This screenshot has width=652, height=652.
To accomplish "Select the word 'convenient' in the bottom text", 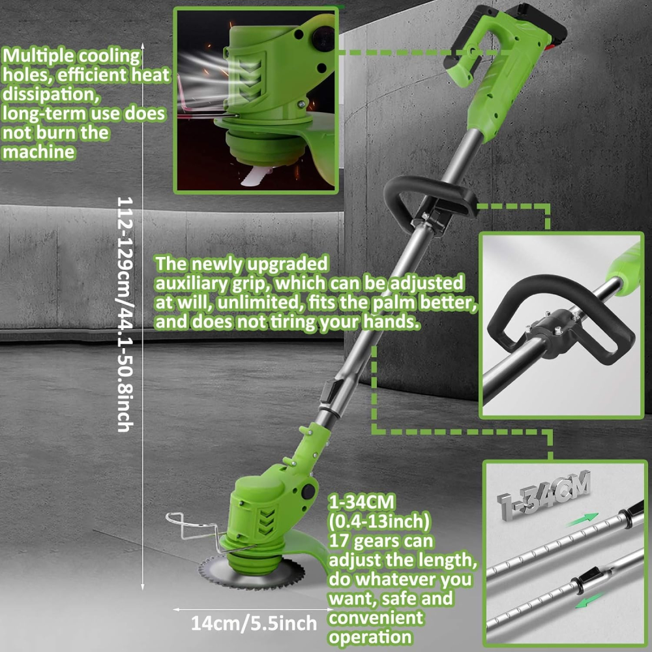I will pos(376,617).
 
